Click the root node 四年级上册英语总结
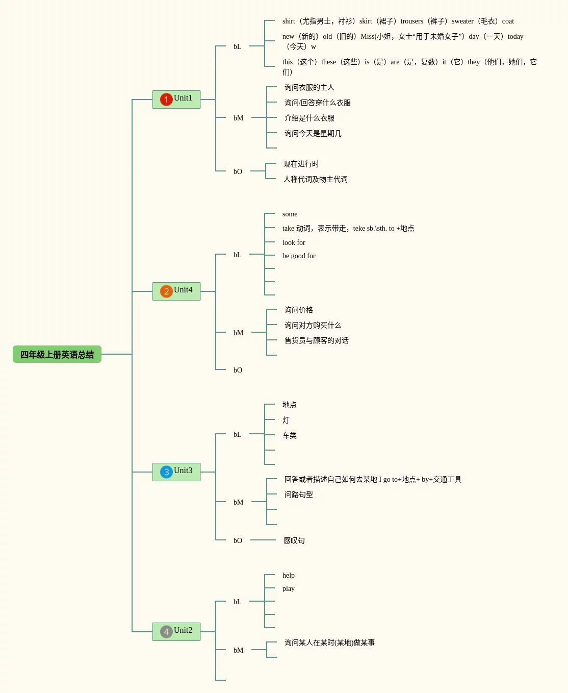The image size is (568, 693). tap(57, 354)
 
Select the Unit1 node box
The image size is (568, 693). tap(176, 99)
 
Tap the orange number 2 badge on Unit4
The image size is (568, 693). tap(166, 291)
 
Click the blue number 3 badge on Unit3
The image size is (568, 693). tap(166, 472)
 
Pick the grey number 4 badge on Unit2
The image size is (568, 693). tap(166, 632)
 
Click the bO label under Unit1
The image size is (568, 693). tap(238, 171)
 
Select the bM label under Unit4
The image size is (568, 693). tap(238, 333)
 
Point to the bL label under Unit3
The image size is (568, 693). tap(237, 434)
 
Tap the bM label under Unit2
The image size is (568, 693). tap(238, 650)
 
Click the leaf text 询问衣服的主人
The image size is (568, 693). tap(309, 87)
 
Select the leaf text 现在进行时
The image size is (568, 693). tap(301, 164)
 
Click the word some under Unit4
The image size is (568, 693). tap(290, 214)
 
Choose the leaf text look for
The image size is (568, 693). tap(294, 242)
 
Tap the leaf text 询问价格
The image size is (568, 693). tap(299, 310)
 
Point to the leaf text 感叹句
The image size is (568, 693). tap(294, 540)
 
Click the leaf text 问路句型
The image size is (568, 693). tap(299, 494)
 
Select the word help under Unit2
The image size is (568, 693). tap(289, 575)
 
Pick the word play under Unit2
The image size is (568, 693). tap(289, 588)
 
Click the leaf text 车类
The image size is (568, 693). tap(290, 435)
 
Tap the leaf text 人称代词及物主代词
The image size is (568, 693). tap(316, 179)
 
